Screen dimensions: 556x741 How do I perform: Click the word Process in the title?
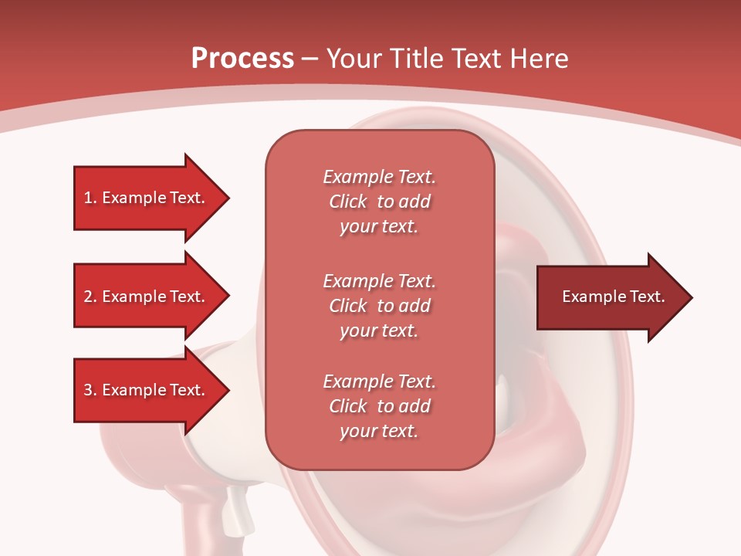tap(242, 59)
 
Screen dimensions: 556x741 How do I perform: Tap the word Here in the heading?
tap(540, 59)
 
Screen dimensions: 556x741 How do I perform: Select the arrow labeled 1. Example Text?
tap(147, 198)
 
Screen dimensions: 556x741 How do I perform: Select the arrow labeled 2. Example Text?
tap(147, 297)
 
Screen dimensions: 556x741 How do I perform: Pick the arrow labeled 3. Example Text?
tap(147, 390)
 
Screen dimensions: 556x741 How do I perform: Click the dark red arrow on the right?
tap(610, 297)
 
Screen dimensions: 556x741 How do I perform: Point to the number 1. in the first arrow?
tap(90, 198)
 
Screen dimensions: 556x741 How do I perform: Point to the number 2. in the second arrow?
tap(90, 297)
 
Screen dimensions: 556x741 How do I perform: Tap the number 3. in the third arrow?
tap(90, 390)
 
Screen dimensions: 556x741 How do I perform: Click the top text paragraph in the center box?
tap(379, 202)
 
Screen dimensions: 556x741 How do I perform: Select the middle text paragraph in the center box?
tap(379, 305)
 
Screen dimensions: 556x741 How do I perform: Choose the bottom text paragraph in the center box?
tap(379, 406)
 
